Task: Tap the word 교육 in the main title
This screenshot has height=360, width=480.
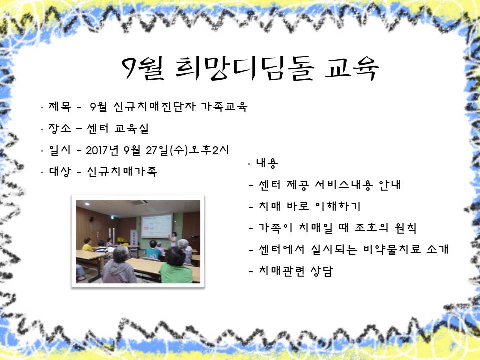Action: point(352,68)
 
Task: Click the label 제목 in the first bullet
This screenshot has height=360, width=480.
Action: point(60,107)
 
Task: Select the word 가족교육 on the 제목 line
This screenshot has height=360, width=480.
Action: point(224,107)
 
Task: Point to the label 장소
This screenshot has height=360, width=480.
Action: point(60,128)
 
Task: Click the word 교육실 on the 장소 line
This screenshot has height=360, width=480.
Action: point(131,128)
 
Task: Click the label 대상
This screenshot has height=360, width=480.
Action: point(60,171)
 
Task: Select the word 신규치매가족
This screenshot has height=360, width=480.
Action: point(122,171)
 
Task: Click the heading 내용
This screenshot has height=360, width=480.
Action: point(267,163)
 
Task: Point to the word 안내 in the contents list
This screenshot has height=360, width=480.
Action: point(389,185)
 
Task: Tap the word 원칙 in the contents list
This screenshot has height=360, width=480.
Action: point(405,228)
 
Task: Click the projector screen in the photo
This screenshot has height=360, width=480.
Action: point(156,226)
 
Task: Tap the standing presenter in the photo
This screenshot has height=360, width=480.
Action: point(173,239)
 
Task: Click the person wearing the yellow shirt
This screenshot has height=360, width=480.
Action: point(87,245)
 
